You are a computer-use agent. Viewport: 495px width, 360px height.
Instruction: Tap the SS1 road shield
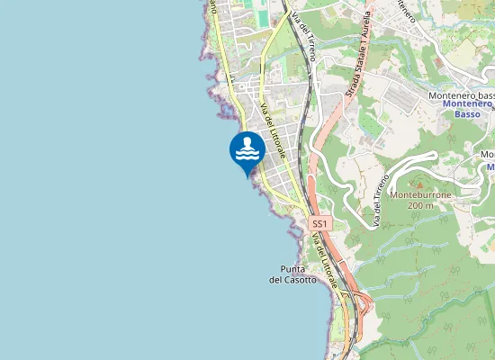319,222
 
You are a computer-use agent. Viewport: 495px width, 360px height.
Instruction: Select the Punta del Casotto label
293,274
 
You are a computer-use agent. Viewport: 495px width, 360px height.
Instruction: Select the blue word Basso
467,114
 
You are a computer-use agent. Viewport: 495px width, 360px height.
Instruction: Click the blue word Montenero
467,104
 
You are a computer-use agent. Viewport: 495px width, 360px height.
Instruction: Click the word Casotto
299,280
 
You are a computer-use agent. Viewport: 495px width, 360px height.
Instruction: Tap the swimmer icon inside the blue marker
247,149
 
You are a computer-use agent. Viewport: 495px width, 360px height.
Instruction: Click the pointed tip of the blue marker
247,176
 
